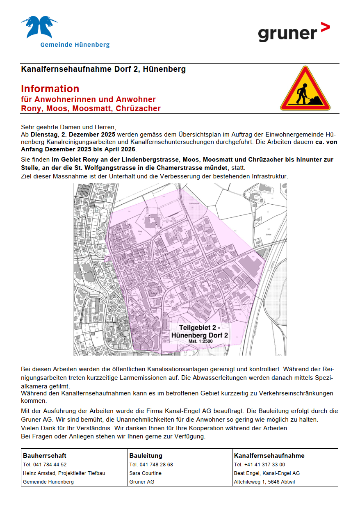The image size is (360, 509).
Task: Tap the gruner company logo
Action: pyautogui.click(x=294, y=32)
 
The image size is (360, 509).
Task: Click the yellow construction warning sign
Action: pyautogui.click(x=305, y=89)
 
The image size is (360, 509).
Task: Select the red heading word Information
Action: pyautogui.click(x=50, y=89)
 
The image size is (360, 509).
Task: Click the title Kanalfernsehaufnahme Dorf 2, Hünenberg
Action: pyautogui.click(x=103, y=69)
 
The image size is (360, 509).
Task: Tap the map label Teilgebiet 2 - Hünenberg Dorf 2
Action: pyautogui.click(x=200, y=331)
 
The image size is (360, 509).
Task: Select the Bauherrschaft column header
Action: pyautogui.click(x=45, y=455)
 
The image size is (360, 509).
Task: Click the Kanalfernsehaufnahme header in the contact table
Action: pyautogui.click(x=269, y=455)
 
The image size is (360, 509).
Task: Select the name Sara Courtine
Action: pyautogui.click(x=146, y=473)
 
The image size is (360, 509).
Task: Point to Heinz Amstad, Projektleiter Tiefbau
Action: pyautogui.click(x=64, y=473)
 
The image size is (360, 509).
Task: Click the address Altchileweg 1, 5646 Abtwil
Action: pyautogui.click(x=264, y=482)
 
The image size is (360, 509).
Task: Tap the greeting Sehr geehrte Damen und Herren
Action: pyautogui.click(x=68, y=127)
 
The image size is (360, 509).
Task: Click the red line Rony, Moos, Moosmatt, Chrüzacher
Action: pyautogui.click(x=91, y=109)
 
